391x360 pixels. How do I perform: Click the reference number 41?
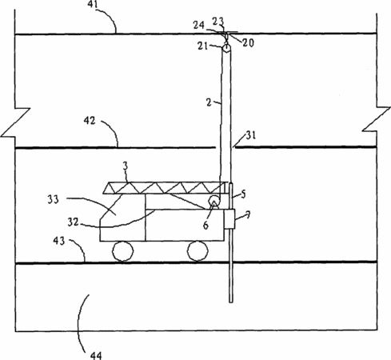point(93,5)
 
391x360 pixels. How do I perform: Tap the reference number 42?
point(90,121)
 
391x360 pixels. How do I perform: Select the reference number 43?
point(59,241)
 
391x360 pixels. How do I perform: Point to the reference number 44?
point(96,356)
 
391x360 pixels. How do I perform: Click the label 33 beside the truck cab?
point(53,199)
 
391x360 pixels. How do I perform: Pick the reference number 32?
point(73,222)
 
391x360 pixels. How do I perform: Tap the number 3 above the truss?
point(126,166)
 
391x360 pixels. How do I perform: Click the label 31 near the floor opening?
point(250,135)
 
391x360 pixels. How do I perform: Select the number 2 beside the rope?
point(209,102)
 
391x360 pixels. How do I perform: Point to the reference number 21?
point(202,46)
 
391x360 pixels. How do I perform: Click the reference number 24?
point(199,26)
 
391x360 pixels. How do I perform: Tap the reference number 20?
point(248,43)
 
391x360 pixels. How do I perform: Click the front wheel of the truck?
point(122,251)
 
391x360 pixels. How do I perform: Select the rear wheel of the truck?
point(197,250)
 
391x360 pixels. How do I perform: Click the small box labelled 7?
point(229,219)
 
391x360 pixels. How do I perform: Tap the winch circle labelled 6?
point(214,202)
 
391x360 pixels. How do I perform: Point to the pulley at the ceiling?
point(226,49)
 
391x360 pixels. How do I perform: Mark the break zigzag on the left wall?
point(15,122)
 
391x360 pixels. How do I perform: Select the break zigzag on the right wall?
point(376,119)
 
